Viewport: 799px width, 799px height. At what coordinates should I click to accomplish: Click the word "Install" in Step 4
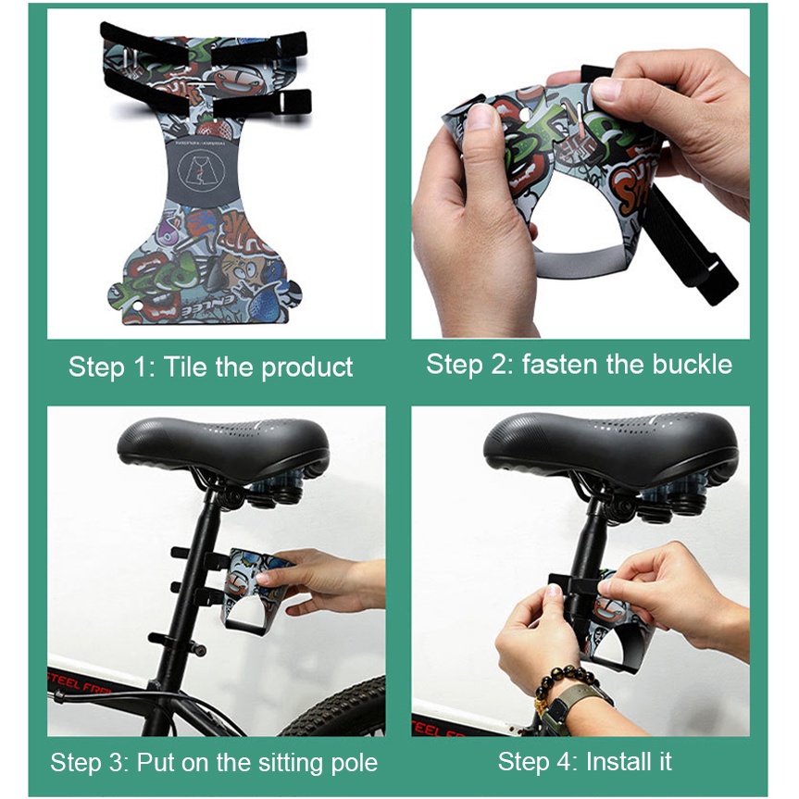click(x=618, y=762)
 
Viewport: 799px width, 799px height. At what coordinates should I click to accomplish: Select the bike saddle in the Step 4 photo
click(x=610, y=443)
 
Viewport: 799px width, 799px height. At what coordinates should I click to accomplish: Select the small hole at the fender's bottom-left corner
click(x=137, y=306)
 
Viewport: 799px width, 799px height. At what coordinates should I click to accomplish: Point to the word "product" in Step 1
click(x=306, y=368)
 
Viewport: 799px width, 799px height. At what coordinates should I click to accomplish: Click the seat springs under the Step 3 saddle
click(x=278, y=490)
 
